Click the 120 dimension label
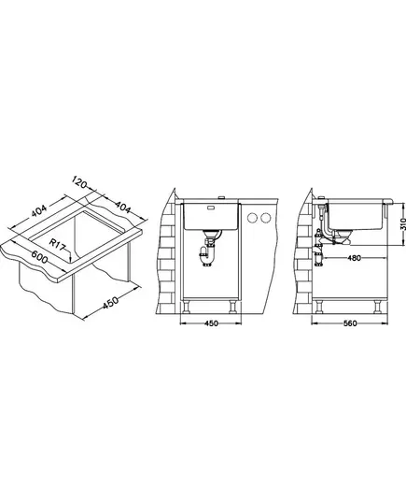click(78, 182)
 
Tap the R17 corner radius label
click(58, 244)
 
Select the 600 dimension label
click(39, 256)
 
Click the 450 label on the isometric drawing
click(110, 303)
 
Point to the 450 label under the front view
click(211, 323)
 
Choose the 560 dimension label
click(350, 323)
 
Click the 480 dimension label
click(354, 258)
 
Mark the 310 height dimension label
click(402, 223)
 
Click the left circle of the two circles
click(253, 218)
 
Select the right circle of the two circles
click(265, 218)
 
